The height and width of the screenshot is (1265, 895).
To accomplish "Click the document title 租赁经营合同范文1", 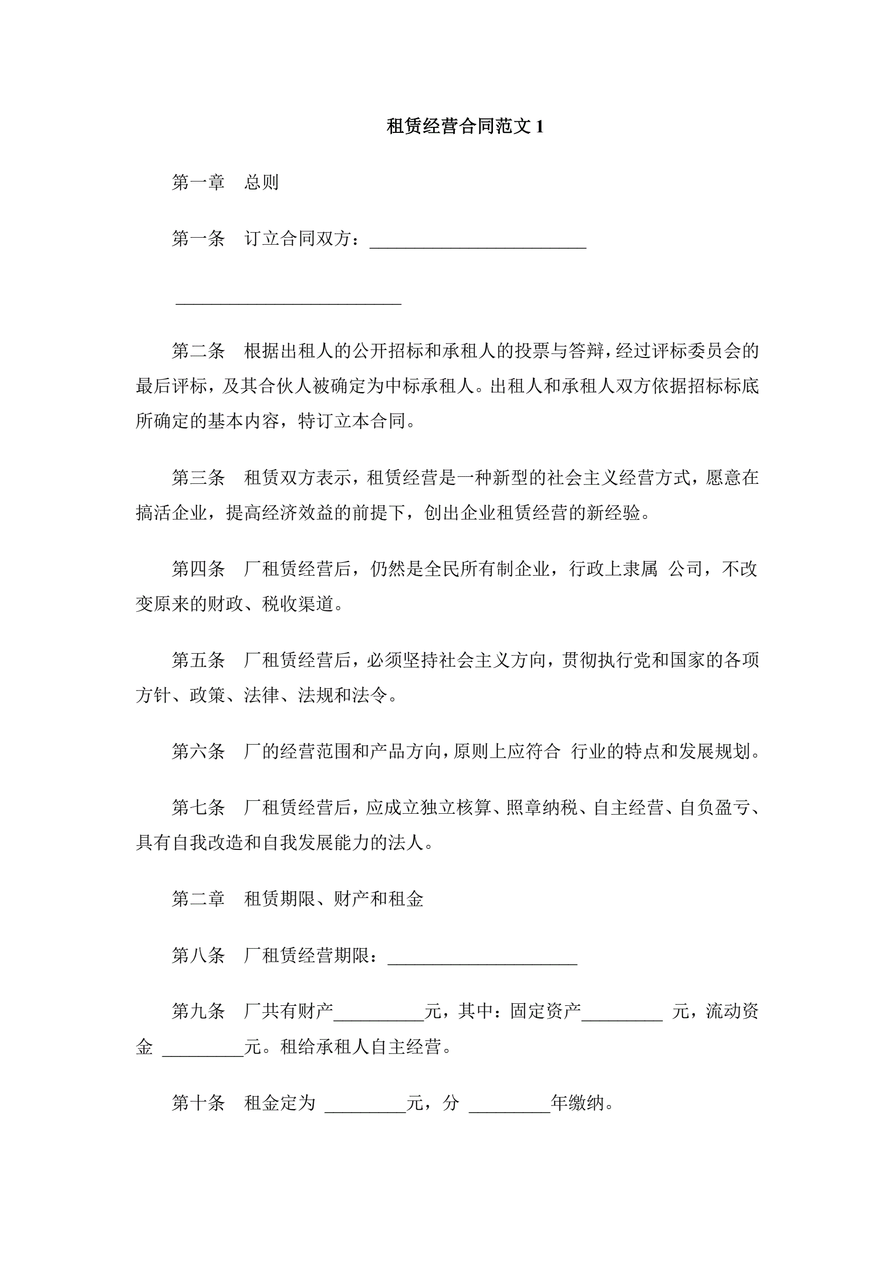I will coord(465,127).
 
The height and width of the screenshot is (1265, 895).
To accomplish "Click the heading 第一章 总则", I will coord(225,183).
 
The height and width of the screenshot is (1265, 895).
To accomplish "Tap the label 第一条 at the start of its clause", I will coord(199,239).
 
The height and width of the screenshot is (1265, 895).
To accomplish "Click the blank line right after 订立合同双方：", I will coord(477,243).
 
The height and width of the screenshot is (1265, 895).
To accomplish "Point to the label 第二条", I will coord(199,351).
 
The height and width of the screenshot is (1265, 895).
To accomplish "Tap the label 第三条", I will coord(199,478).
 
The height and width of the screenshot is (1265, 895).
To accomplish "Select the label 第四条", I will coord(199,569).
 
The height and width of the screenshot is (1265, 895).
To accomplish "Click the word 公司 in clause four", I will coord(685,569).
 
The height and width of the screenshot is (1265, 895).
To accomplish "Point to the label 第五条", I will coord(199,660).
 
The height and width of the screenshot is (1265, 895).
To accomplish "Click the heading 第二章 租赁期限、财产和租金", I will coord(298,899).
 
